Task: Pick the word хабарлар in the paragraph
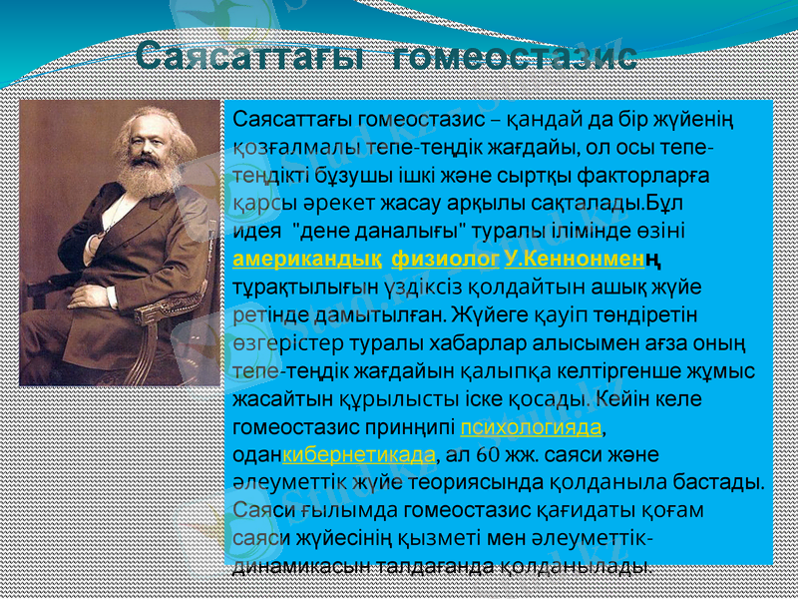(453, 343)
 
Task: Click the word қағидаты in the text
(563, 511)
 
